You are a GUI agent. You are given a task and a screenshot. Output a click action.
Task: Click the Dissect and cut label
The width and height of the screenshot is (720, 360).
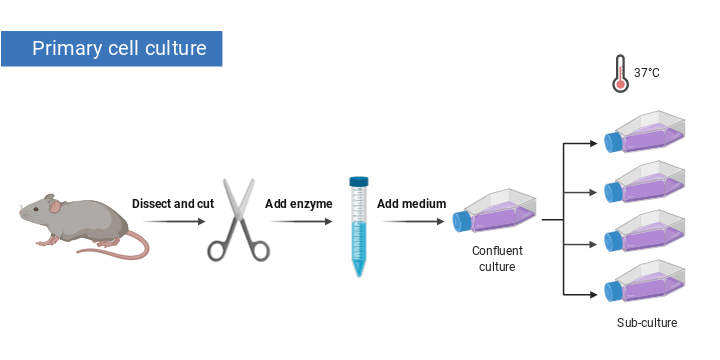pos(173,204)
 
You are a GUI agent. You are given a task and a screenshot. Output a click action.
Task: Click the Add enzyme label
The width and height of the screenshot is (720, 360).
pos(298,204)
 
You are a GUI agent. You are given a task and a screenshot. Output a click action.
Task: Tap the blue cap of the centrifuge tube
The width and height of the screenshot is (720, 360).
pos(358,183)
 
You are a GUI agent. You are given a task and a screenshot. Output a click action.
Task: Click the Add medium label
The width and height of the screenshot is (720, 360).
pos(411,204)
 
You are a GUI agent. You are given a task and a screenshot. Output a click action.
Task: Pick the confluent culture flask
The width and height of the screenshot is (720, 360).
pos(497,213)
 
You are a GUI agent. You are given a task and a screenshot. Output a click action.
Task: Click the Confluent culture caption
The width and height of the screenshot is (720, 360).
pos(497,259)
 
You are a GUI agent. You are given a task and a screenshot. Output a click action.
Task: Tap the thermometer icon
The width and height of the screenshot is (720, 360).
pos(620,74)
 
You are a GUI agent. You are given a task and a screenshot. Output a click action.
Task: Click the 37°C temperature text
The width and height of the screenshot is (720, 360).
pos(647,73)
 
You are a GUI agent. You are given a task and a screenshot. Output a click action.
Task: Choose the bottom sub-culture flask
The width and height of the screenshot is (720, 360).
pos(648,284)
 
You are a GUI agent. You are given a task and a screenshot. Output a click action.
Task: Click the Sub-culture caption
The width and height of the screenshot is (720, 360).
pos(647,323)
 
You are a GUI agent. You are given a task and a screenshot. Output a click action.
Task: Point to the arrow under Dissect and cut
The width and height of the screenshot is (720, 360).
pos(172,222)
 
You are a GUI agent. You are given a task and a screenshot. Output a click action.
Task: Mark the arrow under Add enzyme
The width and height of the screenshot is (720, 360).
pos(298,222)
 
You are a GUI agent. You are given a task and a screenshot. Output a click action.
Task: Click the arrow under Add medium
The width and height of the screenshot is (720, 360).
pos(411,222)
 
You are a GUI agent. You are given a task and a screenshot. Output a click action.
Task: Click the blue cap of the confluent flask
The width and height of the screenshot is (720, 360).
pos(460,221)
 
